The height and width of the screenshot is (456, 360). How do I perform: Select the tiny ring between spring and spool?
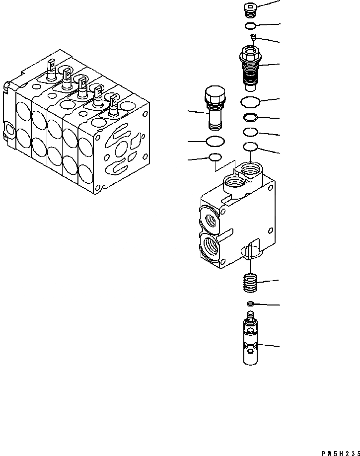click(x=251, y=304)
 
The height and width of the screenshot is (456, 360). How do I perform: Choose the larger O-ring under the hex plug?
click(x=214, y=142)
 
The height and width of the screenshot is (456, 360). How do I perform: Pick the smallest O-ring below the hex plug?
click(x=215, y=157)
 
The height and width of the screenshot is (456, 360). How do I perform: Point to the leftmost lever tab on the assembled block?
click(x=52, y=66)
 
